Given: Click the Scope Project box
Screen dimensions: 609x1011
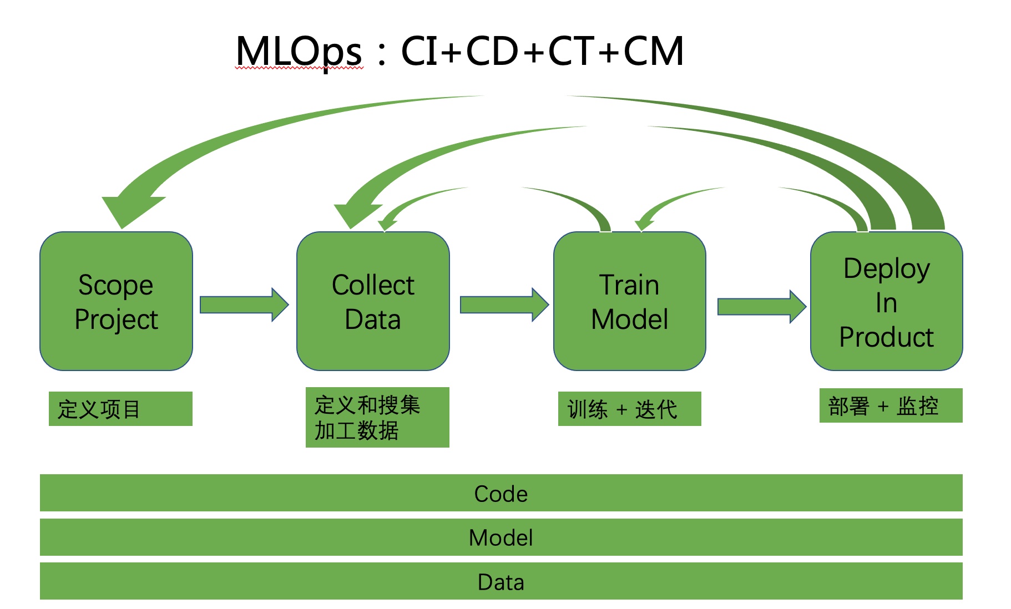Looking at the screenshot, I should pos(116,301).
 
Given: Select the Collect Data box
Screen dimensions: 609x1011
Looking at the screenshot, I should pos(373,301).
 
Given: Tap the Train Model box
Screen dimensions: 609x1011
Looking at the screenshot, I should pos(629,301).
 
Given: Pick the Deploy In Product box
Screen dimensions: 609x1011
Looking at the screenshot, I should pos(886,301).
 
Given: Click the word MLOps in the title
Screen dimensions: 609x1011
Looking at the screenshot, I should pos(299,52).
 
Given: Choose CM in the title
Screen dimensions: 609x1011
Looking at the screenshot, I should pos(653,52).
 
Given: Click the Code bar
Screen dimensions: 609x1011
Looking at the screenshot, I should pos(501,493).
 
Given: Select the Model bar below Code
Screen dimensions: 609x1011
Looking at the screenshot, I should pos(501,537).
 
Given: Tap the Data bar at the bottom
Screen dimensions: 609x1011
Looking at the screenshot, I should pos(501,581).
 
